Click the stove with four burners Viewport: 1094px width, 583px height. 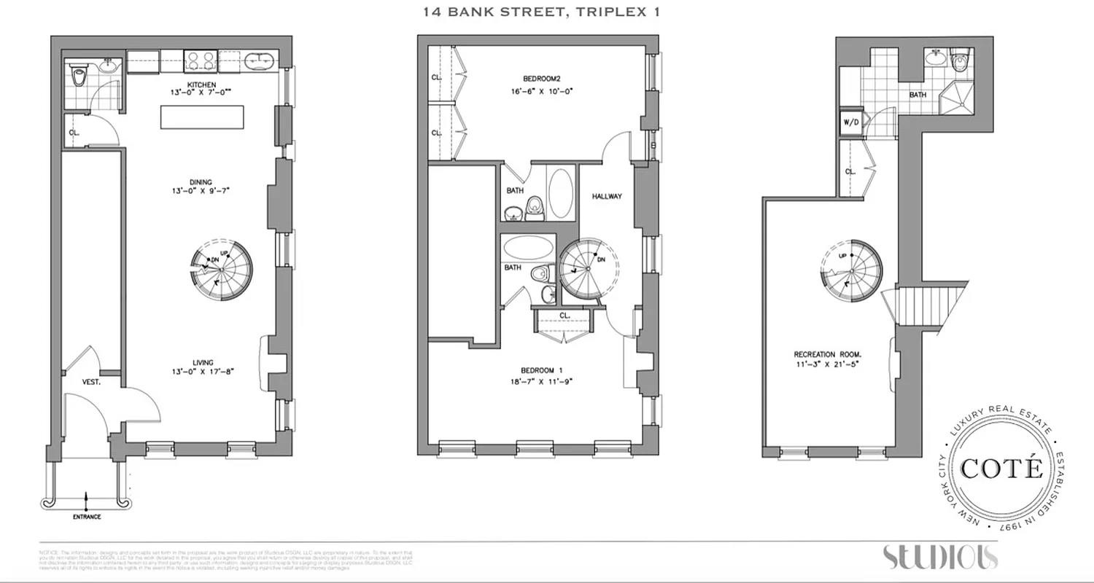click(x=198, y=60)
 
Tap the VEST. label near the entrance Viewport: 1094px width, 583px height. click(x=90, y=381)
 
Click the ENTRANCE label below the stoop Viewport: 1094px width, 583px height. click(x=86, y=517)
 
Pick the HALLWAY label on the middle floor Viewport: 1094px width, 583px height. click(x=606, y=197)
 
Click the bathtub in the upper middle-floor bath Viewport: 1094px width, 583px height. click(x=561, y=192)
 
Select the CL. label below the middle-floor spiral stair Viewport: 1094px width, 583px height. click(x=565, y=316)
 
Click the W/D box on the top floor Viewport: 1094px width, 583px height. click(x=850, y=122)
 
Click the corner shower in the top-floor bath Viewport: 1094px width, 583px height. click(x=954, y=98)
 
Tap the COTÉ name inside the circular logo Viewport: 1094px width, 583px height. click(x=1001, y=469)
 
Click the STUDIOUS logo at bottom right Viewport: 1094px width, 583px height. click(x=940, y=557)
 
